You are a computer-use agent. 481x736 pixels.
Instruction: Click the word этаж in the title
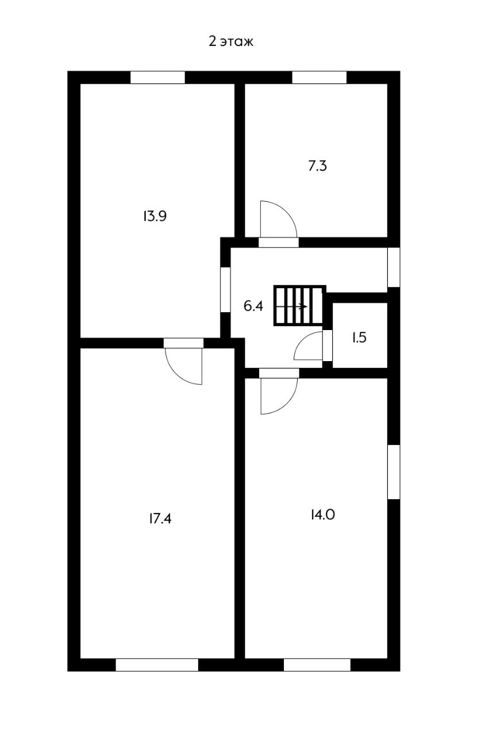pos(237,42)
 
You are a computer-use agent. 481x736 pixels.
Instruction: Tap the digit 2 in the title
pos(212,41)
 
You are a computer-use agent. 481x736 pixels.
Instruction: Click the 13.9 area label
pos(155,216)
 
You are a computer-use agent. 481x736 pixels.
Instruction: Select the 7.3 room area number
pos(318,167)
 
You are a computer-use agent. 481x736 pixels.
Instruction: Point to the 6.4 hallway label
pos(253,306)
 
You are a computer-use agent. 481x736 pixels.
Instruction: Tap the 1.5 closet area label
pos(359,338)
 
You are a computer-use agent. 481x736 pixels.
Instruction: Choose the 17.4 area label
pos(160,519)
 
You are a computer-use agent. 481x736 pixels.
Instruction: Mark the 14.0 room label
pos(322,515)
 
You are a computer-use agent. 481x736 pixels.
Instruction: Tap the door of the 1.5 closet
pos(310,346)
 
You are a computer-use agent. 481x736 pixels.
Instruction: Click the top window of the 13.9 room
pos(157,78)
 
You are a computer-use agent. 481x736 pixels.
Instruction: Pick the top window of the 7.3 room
pos(319,78)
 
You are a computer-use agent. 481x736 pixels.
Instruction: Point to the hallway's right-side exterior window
pos(394,267)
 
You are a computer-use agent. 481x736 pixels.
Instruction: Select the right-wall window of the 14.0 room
pos(394,471)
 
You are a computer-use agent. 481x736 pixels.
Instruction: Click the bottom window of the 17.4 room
pos(157,665)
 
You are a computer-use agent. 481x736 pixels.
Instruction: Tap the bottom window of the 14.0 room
pos(317,665)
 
